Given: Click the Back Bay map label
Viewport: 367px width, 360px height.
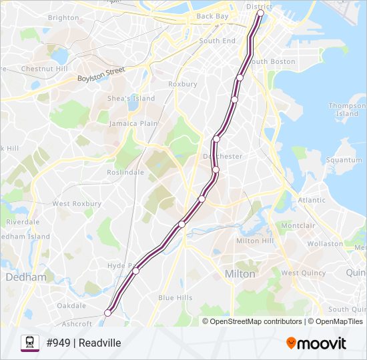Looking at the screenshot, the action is (213, 16).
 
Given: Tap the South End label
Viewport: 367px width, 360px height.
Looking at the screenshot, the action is (218, 41).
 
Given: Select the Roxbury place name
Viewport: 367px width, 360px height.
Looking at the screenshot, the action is (182, 84).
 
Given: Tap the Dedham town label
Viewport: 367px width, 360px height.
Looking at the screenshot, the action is (26, 276).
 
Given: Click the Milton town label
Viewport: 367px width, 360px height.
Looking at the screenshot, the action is (240, 274).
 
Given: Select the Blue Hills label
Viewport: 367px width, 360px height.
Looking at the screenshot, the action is (175, 297).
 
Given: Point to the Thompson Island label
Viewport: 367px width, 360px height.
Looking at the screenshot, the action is (347, 109).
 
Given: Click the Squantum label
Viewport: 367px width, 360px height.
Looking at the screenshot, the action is (344, 160).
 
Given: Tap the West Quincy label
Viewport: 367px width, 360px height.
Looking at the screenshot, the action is (303, 273).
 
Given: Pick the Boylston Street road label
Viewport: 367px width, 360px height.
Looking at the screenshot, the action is (101, 74).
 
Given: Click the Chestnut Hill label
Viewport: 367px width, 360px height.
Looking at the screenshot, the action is (44, 69).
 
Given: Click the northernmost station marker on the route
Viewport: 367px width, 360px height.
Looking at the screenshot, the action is (260, 13).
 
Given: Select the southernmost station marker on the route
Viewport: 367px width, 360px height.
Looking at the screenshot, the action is (107, 313).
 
